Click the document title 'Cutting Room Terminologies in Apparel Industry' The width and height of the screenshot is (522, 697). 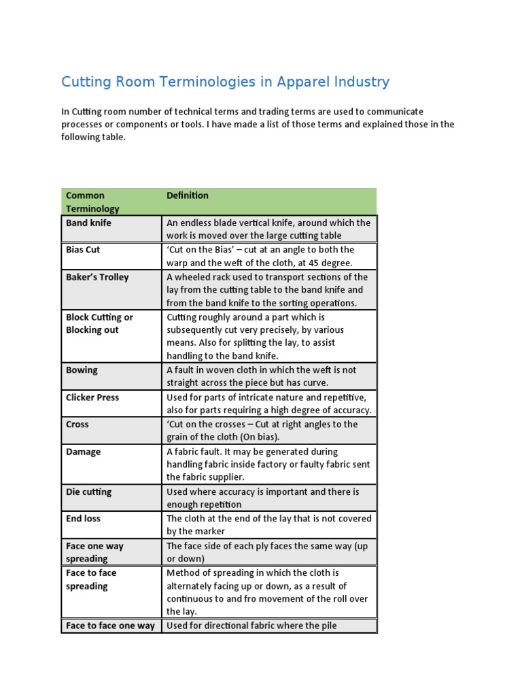pyautogui.click(x=225, y=82)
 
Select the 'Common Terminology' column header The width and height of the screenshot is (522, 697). pyautogui.click(x=92, y=202)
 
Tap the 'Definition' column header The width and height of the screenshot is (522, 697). pyautogui.click(x=188, y=195)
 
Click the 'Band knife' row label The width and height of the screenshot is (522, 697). pyautogui.click(x=88, y=223)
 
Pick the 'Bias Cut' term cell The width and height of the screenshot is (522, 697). pyautogui.click(x=83, y=250)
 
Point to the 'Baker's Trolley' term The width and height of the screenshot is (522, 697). pyautogui.click(x=97, y=277)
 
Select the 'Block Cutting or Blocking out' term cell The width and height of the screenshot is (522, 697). pyautogui.click(x=99, y=323)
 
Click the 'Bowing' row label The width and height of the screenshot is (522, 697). pyautogui.click(x=82, y=370)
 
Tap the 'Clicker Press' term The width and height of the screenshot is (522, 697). pyautogui.click(x=92, y=397)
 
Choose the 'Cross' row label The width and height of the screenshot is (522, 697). pyautogui.click(x=77, y=424)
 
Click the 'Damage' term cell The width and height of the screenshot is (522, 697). pyautogui.click(x=83, y=451)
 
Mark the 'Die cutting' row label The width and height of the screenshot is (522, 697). pyautogui.click(x=88, y=491)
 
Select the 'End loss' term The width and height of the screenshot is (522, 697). pyautogui.click(x=83, y=519)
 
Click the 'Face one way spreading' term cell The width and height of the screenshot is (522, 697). pyautogui.click(x=94, y=552)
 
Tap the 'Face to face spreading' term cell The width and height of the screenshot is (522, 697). pyautogui.click(x=91, y=579)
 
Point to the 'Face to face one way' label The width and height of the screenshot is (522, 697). pyautogui.click(x=110, y=626)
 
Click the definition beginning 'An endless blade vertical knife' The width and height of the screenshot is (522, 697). pyautogui.click(x=268, y=229)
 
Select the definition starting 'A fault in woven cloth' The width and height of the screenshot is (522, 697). pyautogui.click(x=261, y=376)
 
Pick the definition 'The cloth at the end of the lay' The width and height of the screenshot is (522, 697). pyautogui.click(x=268, y=525)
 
